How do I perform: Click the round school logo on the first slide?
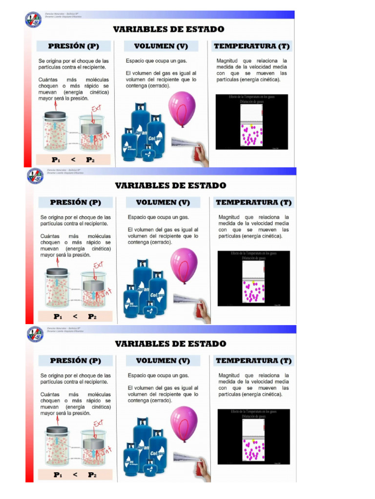click(33, 19)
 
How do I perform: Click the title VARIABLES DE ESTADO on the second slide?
click(170, 186)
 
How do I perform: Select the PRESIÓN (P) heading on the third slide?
click(75, 361)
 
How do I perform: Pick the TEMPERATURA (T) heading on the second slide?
click(253, 202)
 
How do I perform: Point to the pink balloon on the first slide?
click(182, 109)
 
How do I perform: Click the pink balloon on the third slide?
click(184, 423)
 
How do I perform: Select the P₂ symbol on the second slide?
click(92, 317)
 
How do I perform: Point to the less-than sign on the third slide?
click(75, 475)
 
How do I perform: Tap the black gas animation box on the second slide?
click(253, 278)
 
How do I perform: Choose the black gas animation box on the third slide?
click(253, 436)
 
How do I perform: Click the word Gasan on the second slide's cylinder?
click(143, 289)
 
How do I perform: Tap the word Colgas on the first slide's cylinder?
click(155, 138)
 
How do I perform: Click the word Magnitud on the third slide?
click(229, 375)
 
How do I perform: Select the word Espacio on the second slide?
click(138, 217)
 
